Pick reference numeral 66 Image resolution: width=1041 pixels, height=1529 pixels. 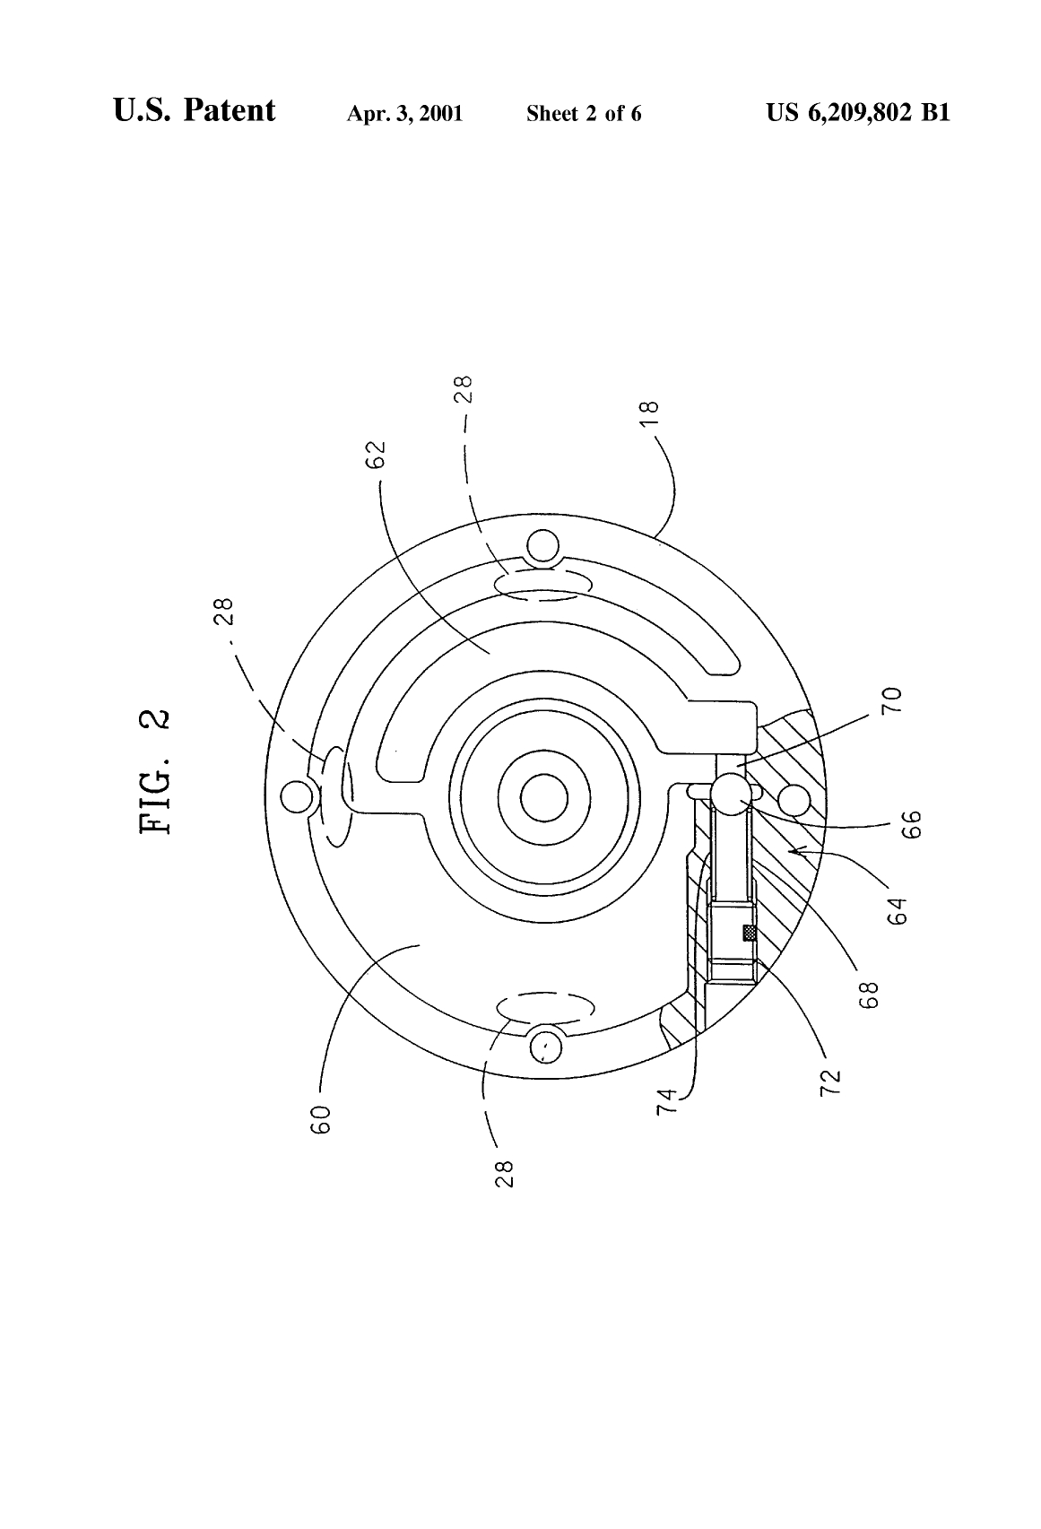point(909,823)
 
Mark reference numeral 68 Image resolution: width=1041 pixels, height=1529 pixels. point(869,995)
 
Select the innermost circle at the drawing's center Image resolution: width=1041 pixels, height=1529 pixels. point(543,797)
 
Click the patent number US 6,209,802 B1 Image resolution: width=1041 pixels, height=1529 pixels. point(857,113)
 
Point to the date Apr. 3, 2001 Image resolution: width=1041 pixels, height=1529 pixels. point(404,114)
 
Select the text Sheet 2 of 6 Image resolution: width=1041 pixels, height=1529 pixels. point(584,114)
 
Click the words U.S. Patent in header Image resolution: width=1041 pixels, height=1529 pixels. point(195,111)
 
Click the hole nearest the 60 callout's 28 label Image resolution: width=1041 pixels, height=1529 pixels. point(544,1044)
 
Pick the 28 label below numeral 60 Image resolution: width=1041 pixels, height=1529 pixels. point(504,1173)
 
